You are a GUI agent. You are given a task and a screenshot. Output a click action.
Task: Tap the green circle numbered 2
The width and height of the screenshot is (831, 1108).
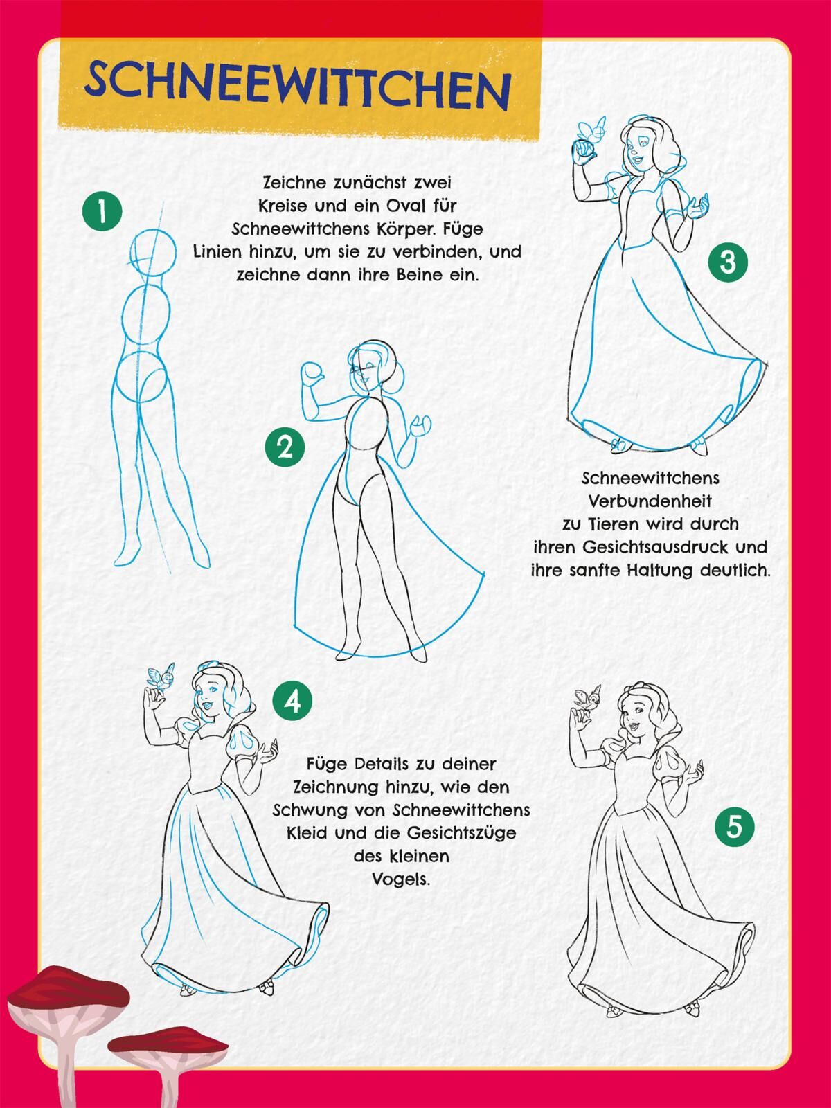(x=285, y=447)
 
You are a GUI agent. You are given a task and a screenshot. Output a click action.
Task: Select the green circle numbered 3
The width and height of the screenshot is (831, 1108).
(x=728, y=262)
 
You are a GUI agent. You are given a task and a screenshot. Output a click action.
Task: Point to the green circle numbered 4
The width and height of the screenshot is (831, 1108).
(x=292, y=702)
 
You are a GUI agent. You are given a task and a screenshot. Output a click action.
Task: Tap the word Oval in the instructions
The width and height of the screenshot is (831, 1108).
(x=408, y=206)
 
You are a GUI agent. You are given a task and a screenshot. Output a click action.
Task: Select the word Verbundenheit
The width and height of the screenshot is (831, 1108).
(x=650, y=501)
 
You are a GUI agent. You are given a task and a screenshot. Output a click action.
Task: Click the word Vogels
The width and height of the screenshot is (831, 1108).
(x=401, y=879)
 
